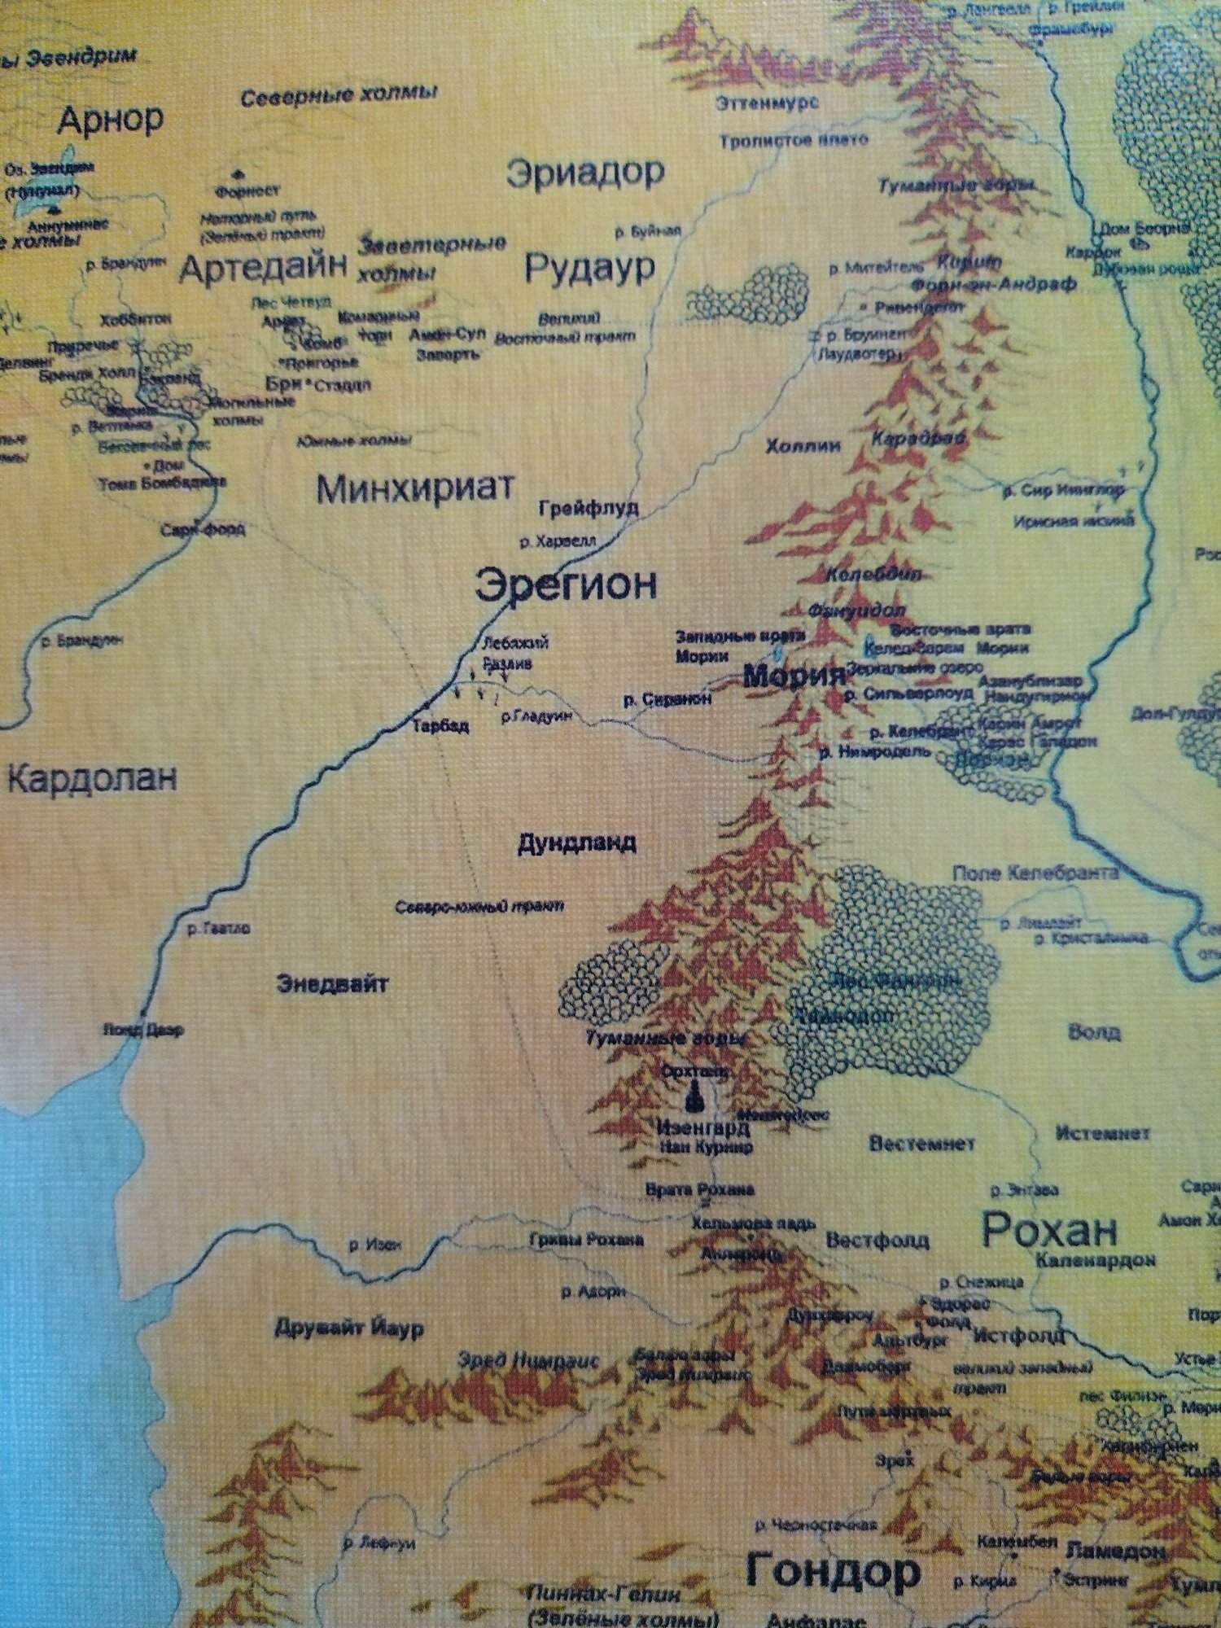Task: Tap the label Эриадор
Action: [584, 173]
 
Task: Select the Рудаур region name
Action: [589, 269]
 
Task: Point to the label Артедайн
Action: [262, 269]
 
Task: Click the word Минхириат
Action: [415, 489]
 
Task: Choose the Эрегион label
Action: [566, 585]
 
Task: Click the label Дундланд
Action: [576, 843]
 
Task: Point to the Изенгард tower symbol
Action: [694, 1098]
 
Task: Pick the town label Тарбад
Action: [440, 726]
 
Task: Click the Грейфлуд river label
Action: [589, 508]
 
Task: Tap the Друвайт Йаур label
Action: [348, 1330]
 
